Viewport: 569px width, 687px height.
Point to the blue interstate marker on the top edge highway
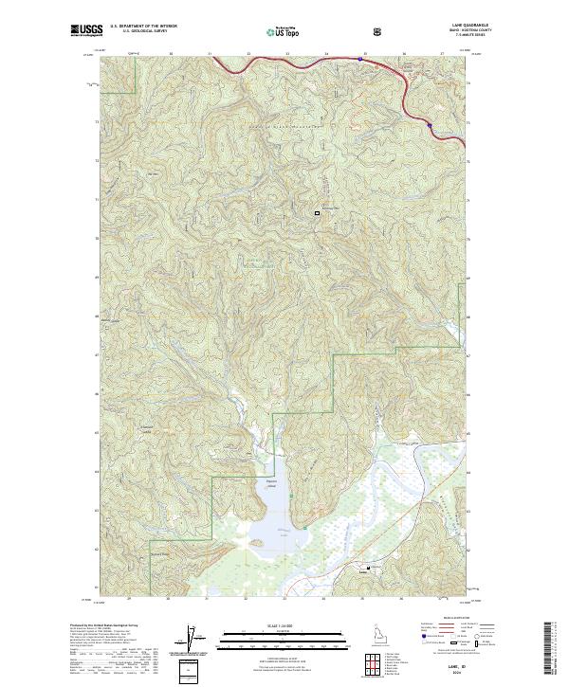tap(360, 59)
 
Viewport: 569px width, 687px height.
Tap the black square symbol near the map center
tap(318, 213)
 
